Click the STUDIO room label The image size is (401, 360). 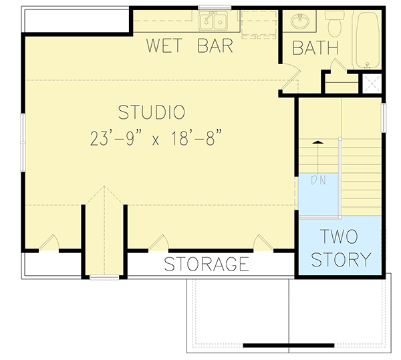click(x=151, y=111)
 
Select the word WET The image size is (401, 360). click(x=166, y=47)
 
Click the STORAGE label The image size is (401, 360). click(x=207, y=264)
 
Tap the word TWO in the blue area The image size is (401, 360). click(x=338, y=237)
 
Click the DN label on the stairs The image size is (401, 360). click(x=318, y=180)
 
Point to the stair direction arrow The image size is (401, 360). click(x=318, y=143)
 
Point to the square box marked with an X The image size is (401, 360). click(x=370, y=84)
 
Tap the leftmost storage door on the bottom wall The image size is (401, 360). click(x=49, y=244)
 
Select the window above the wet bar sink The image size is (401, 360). click(x=215, y=8)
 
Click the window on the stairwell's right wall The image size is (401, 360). click(x=384, y=117)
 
